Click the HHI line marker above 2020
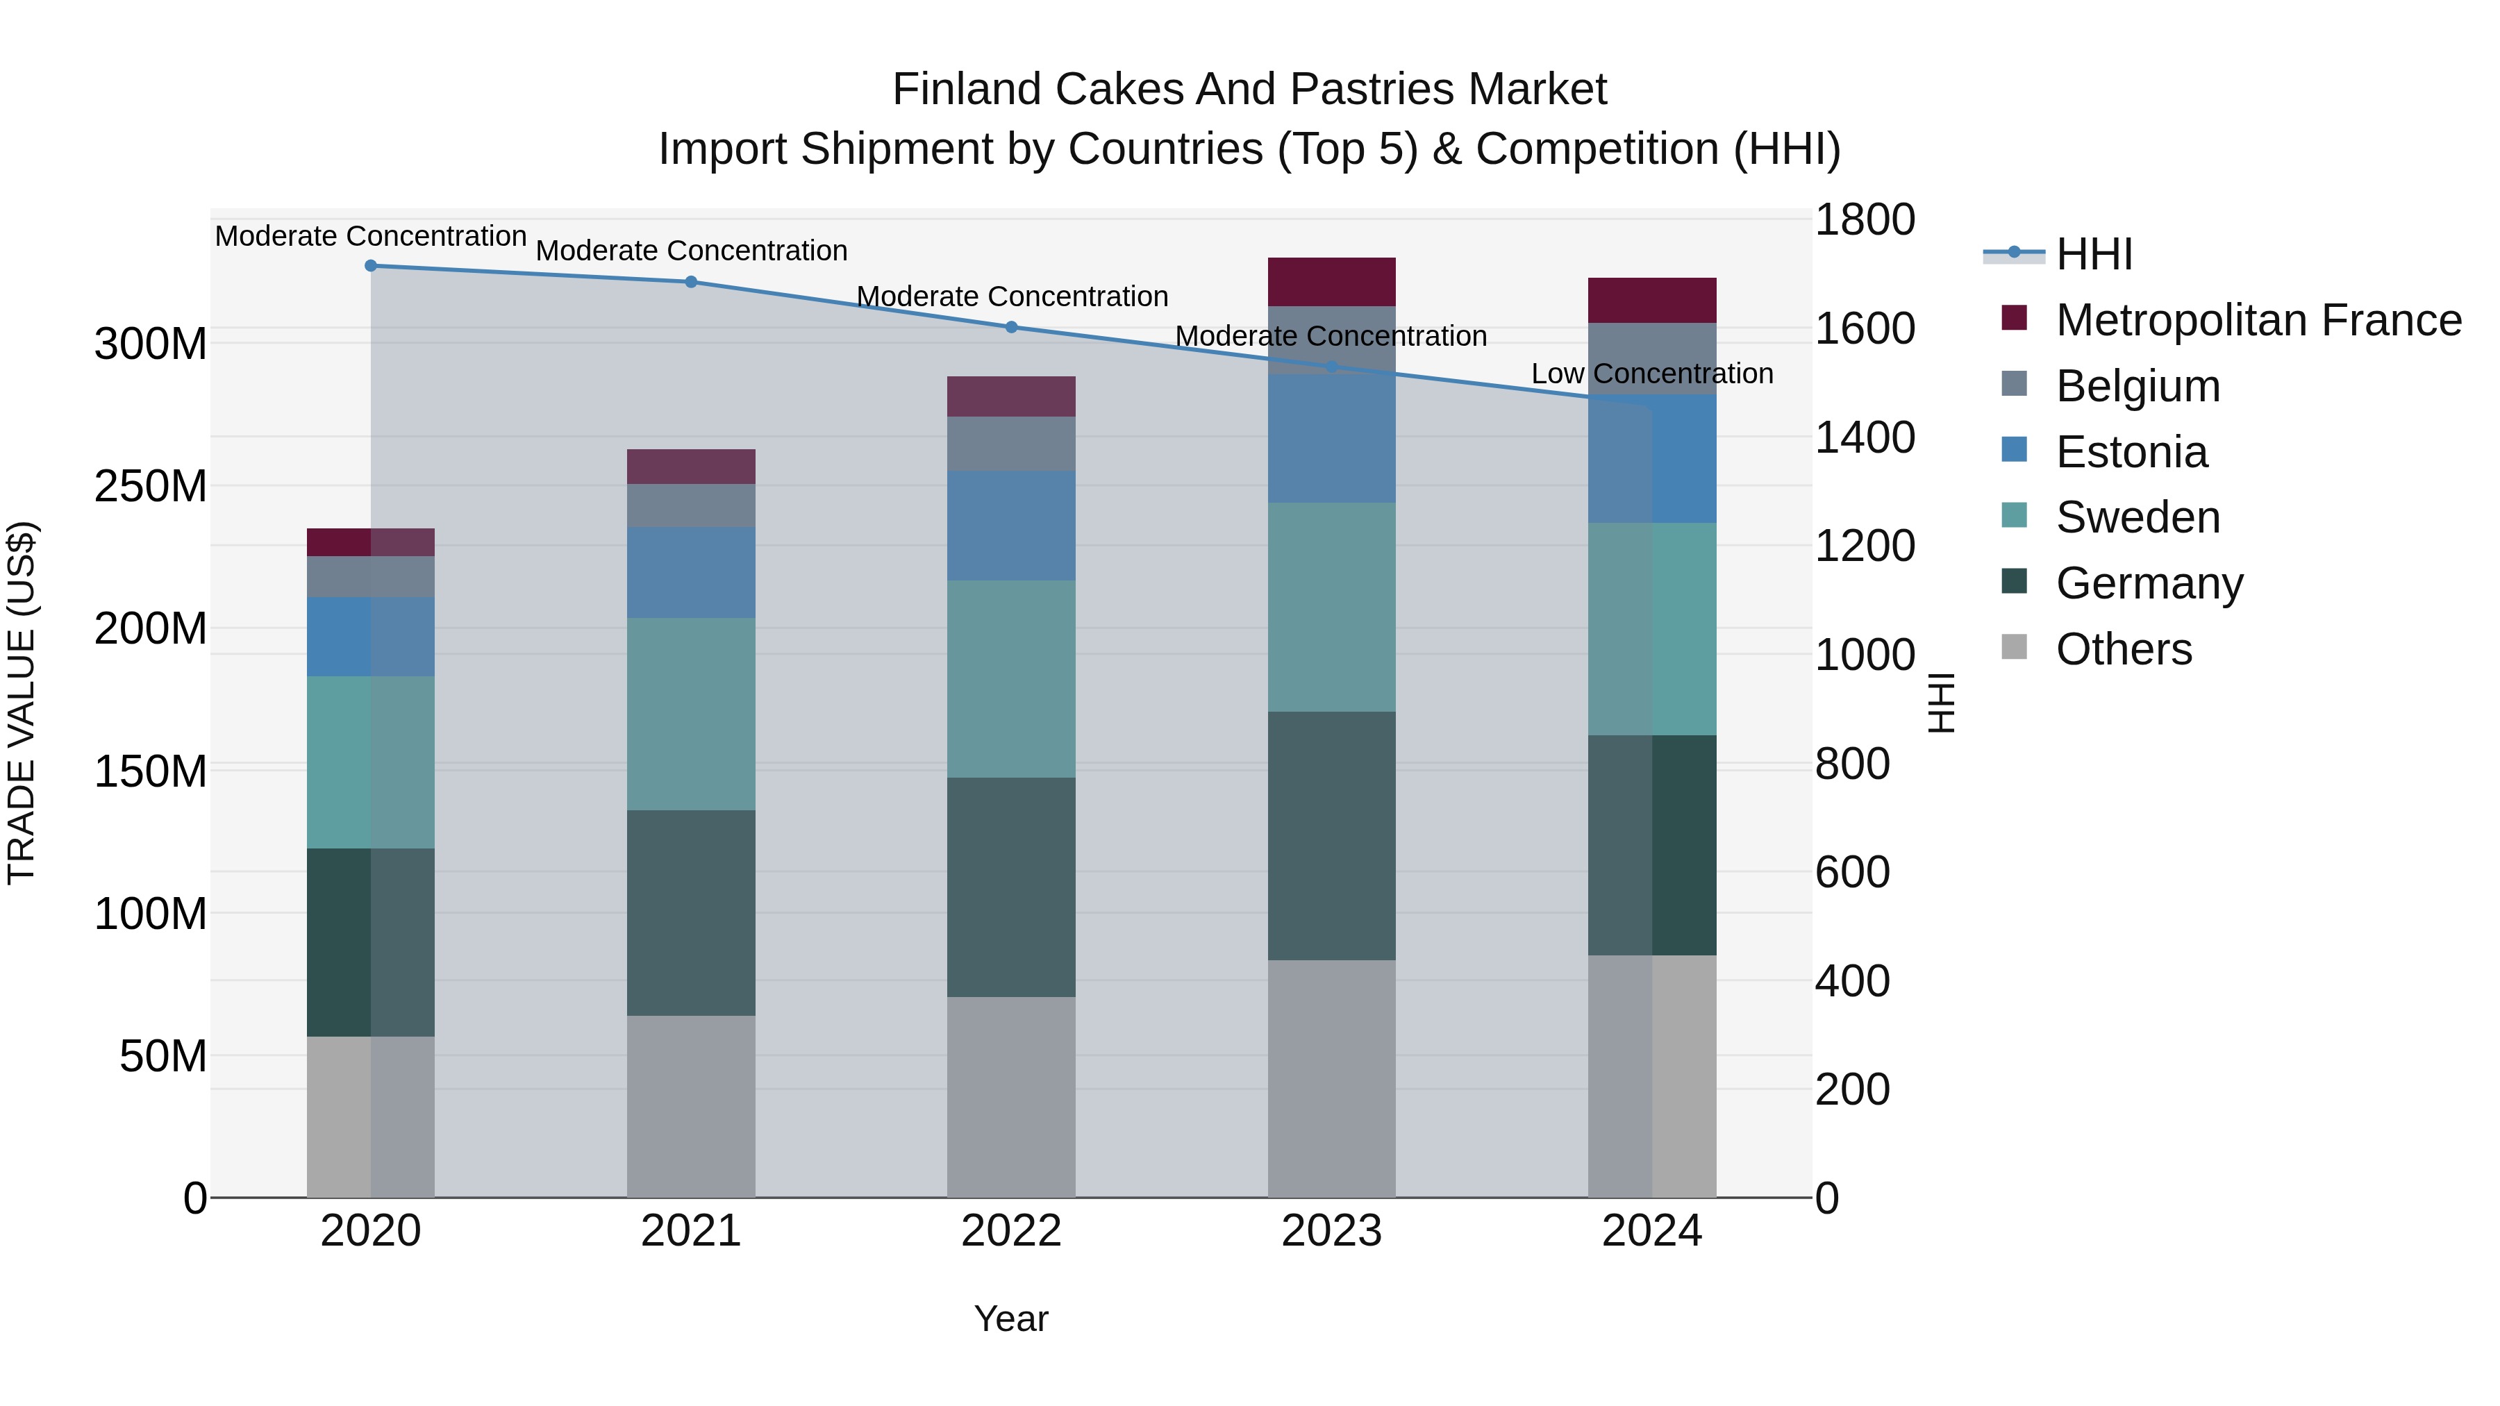point(371,266)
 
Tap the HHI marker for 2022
point(1011,328)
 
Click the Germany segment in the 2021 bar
point(691,913)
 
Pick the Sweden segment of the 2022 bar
point(1011,679)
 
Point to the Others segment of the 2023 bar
point(1331,1079)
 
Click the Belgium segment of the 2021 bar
point(691,505)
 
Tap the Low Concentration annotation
point(1652,374)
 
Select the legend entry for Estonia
point(2131,452)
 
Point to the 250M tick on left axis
point(151,486)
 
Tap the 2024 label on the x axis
point(1652,1231)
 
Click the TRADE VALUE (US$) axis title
point(22,703)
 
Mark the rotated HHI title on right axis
point(1941,703)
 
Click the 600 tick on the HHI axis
point(1851,872)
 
